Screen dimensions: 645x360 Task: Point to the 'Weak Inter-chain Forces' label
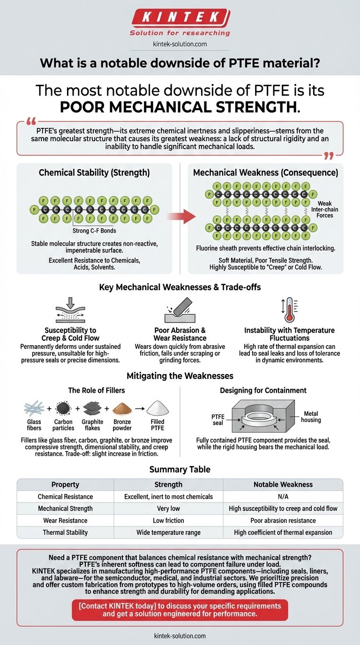tap(324, 210)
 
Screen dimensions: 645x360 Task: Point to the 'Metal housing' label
tap(311, 416)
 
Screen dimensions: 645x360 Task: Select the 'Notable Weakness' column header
tap(283, 484)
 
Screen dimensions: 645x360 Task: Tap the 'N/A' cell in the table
tap(283, 496)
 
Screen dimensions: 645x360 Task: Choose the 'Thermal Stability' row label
tap(65, 532)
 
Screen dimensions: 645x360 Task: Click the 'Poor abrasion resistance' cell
tap(283, 520)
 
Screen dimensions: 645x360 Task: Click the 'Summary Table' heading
tap(180, 469)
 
